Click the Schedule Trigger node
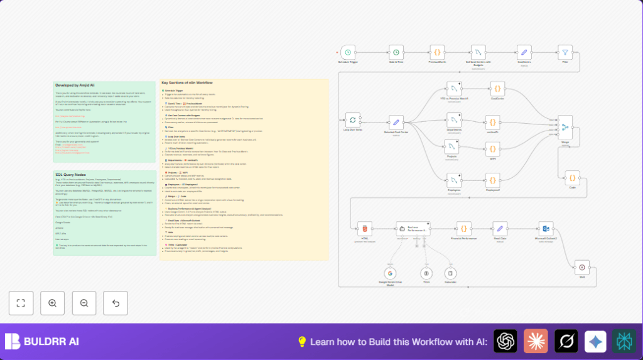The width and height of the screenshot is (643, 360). (x=350, y=53)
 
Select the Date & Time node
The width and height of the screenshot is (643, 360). (x=396, y=53)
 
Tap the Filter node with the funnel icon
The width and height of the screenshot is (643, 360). (x=566, y=53)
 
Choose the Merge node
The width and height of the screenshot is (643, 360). (x=565, y=128)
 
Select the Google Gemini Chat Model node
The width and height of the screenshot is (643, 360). (x=389, y=273)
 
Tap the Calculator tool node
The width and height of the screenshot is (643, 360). (x=450, y=273)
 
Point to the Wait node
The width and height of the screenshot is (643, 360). (x=582, y=266)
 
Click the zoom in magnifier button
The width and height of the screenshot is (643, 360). (x=52, y=303)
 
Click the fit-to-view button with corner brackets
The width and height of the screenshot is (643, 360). (x=21, y=303)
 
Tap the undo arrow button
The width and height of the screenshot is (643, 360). (x=116, y=303)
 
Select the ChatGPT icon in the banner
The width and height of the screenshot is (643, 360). (x=505, y=341)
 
